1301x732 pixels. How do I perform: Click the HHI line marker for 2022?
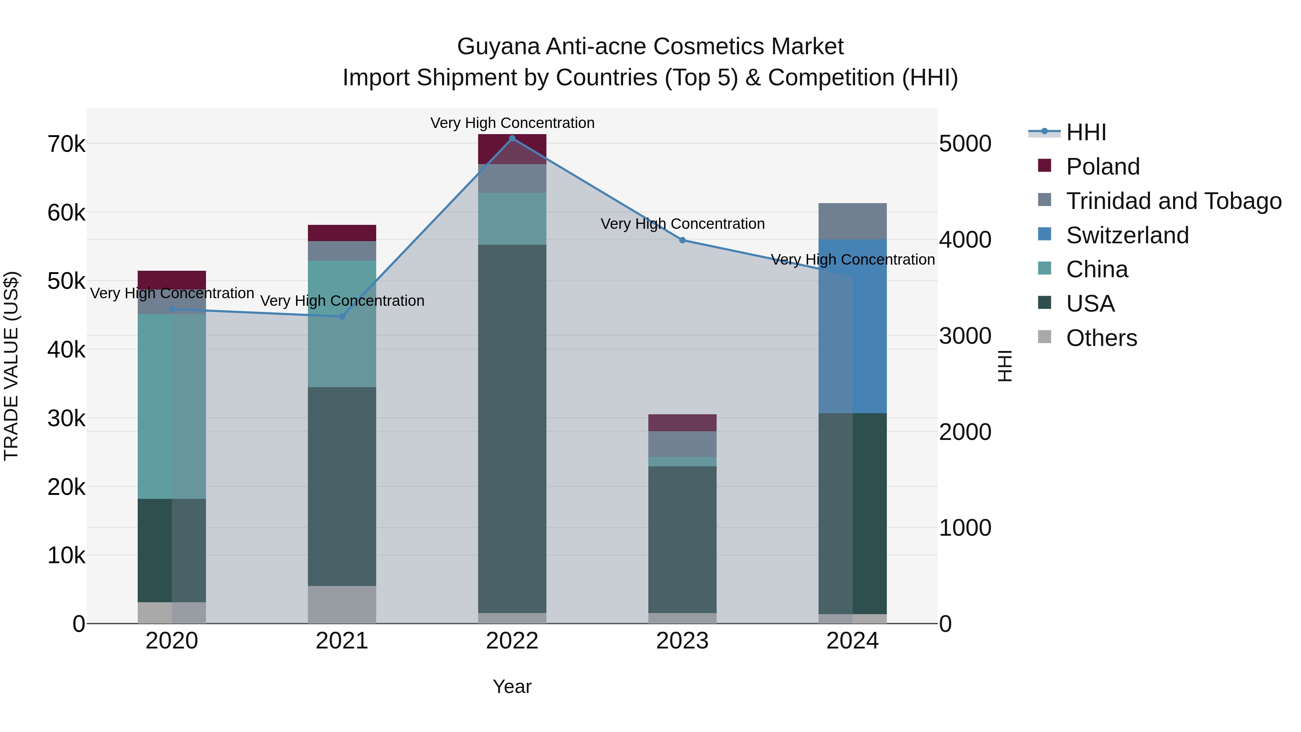pyautogui.click(x=512, y=138)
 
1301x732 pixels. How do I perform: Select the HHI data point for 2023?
pyautogui.click(x=682, y=240)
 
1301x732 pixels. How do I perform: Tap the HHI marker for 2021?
pyautogui.click(x=342, y=316)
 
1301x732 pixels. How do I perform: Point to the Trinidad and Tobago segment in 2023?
pyautogui.click(x=682, y=444)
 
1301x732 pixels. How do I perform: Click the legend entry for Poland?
pyautogui.click(x=1103, y=167)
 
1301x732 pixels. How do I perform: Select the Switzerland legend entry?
pyautogui.click(x=1127, y=235)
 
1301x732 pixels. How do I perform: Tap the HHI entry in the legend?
pyautogui.click(x=1086, y=132)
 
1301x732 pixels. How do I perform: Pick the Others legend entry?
pyautogui.click(x=1101, y=338)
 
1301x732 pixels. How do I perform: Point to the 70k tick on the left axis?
pyautogui.click(x=66, y=145)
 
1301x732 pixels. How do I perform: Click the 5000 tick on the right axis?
pyautogui.click(x=965, y=144)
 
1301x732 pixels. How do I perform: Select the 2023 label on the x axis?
pyautogui.click(x=682, y=641)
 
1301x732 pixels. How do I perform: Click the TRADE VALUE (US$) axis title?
pyautogui.click(x=11, y=366)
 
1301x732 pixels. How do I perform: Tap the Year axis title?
pyautogui.click(x=512, y=686)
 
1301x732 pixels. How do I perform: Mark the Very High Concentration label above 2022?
pyautogui.click(x=512, y=123)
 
